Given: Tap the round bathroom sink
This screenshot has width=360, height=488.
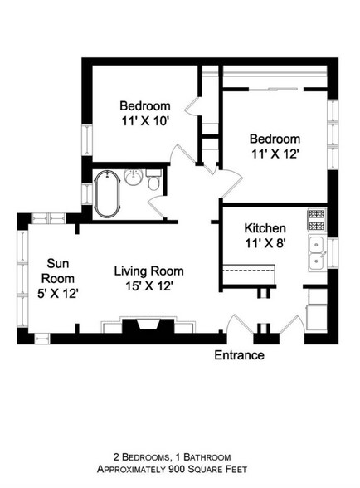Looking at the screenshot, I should point(133,177).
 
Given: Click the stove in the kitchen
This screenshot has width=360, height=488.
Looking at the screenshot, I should point(316,220).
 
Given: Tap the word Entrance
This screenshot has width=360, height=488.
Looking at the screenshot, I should point(239,355).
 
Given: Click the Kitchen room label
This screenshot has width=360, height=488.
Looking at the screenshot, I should point(265,228).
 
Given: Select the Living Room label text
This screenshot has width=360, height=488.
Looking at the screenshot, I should point(148,271).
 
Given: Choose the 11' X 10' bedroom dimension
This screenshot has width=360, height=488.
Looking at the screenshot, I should point(145,121).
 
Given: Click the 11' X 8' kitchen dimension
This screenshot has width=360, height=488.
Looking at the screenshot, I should point(265,244).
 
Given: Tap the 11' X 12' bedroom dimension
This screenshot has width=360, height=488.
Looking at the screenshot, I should point(275,154).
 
